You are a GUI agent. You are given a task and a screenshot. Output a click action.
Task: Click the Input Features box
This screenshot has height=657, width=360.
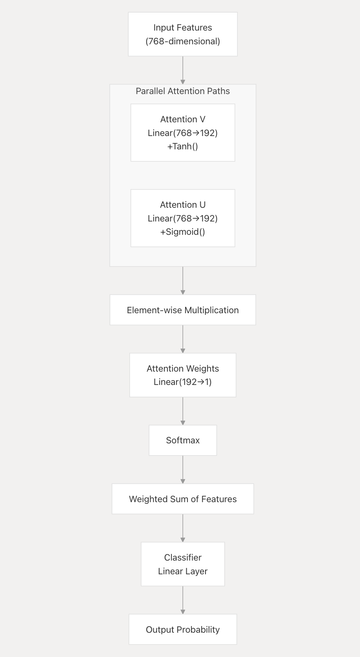[x=183, y=34]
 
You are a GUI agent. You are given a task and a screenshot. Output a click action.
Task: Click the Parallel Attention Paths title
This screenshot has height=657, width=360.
[x=183, y=91]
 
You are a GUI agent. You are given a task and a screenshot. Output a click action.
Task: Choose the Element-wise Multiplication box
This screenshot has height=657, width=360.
[x=183, y=310]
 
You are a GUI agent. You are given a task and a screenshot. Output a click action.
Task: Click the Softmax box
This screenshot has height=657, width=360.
[x=183, y=440]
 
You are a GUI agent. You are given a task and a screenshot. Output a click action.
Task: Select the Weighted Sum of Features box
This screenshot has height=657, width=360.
[x=183, y=499]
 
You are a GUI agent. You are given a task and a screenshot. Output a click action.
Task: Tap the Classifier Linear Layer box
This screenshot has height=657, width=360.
[x=183, y=564]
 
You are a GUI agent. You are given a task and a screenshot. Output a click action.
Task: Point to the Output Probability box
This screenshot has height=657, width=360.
[x=183, y=629]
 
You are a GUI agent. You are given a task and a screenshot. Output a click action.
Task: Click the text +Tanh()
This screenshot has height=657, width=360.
[x=183, y=146]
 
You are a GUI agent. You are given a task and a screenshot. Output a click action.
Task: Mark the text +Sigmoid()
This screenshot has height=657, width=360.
[x=183, y=232]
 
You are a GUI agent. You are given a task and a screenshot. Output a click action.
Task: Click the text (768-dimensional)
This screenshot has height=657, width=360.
[x=183, y=41]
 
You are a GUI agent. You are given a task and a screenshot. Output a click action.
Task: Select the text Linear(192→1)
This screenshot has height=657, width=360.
[x=183, y=382]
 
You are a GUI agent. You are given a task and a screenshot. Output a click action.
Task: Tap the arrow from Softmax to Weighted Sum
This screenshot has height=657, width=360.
[x=183, y=469]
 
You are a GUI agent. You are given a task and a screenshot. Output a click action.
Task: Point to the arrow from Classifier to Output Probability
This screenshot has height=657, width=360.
[x=183, y=600]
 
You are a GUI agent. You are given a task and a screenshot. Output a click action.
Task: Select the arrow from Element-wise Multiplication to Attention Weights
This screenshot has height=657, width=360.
[x=183, y=339]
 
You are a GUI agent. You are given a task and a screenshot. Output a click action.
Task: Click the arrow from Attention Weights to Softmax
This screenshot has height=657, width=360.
[x=183, y=411]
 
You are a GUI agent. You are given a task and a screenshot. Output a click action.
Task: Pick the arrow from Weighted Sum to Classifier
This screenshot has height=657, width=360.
[x=183, y=528]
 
